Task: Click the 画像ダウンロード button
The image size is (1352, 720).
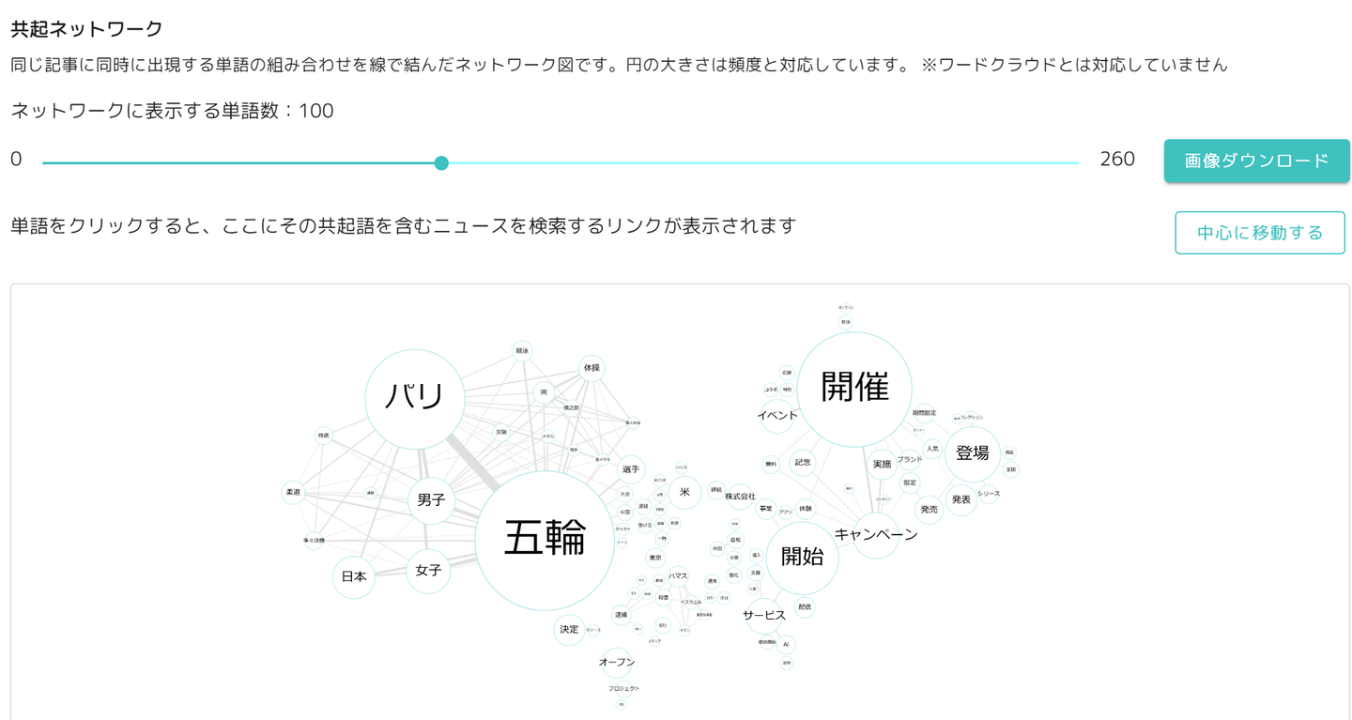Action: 1256,161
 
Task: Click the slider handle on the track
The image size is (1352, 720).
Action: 441,162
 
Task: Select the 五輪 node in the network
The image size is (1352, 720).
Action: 545,541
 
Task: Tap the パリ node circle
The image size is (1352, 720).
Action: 413,398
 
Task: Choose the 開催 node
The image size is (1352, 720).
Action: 854,388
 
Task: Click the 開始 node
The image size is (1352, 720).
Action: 802,557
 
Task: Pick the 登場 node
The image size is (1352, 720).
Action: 973,453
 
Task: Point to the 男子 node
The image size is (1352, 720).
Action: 431,501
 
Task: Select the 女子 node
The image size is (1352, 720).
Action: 428,570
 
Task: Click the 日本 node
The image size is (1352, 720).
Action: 354,577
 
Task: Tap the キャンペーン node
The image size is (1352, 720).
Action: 876,535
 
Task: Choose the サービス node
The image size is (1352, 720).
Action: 764,616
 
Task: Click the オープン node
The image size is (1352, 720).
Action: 617,663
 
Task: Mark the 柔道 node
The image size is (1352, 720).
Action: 293,492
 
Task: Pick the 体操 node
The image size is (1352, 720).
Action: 591,368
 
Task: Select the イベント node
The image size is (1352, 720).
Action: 777,416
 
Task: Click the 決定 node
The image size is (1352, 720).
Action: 569,629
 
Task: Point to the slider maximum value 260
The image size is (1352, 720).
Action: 1117,160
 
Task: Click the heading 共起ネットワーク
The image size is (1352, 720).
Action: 86,29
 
